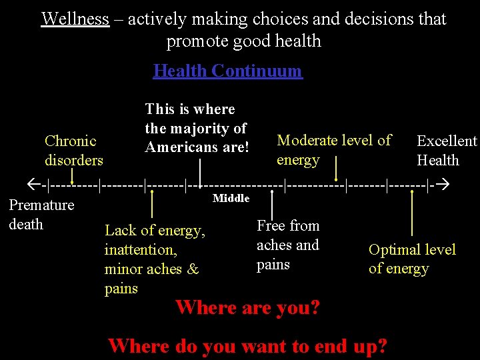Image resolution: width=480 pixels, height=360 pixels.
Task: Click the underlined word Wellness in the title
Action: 75,19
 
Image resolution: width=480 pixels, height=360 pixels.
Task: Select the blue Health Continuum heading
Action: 227,71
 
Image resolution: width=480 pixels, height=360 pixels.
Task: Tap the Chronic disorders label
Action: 73,151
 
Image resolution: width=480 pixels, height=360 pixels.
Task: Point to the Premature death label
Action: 41,215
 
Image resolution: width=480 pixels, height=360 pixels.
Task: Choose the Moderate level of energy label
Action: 333,150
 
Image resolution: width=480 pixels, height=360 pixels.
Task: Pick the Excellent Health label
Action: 446,151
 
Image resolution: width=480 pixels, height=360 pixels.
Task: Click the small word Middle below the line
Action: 231,198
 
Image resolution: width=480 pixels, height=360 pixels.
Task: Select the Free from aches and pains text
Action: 288,245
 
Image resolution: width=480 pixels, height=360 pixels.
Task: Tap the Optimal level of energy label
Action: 412,259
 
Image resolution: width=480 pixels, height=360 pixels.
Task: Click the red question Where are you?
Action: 247,307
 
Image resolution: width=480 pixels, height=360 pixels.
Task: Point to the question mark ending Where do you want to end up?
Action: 382,346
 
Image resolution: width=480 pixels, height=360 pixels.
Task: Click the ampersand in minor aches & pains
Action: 193,269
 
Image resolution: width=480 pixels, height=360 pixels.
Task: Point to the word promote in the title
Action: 195,41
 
